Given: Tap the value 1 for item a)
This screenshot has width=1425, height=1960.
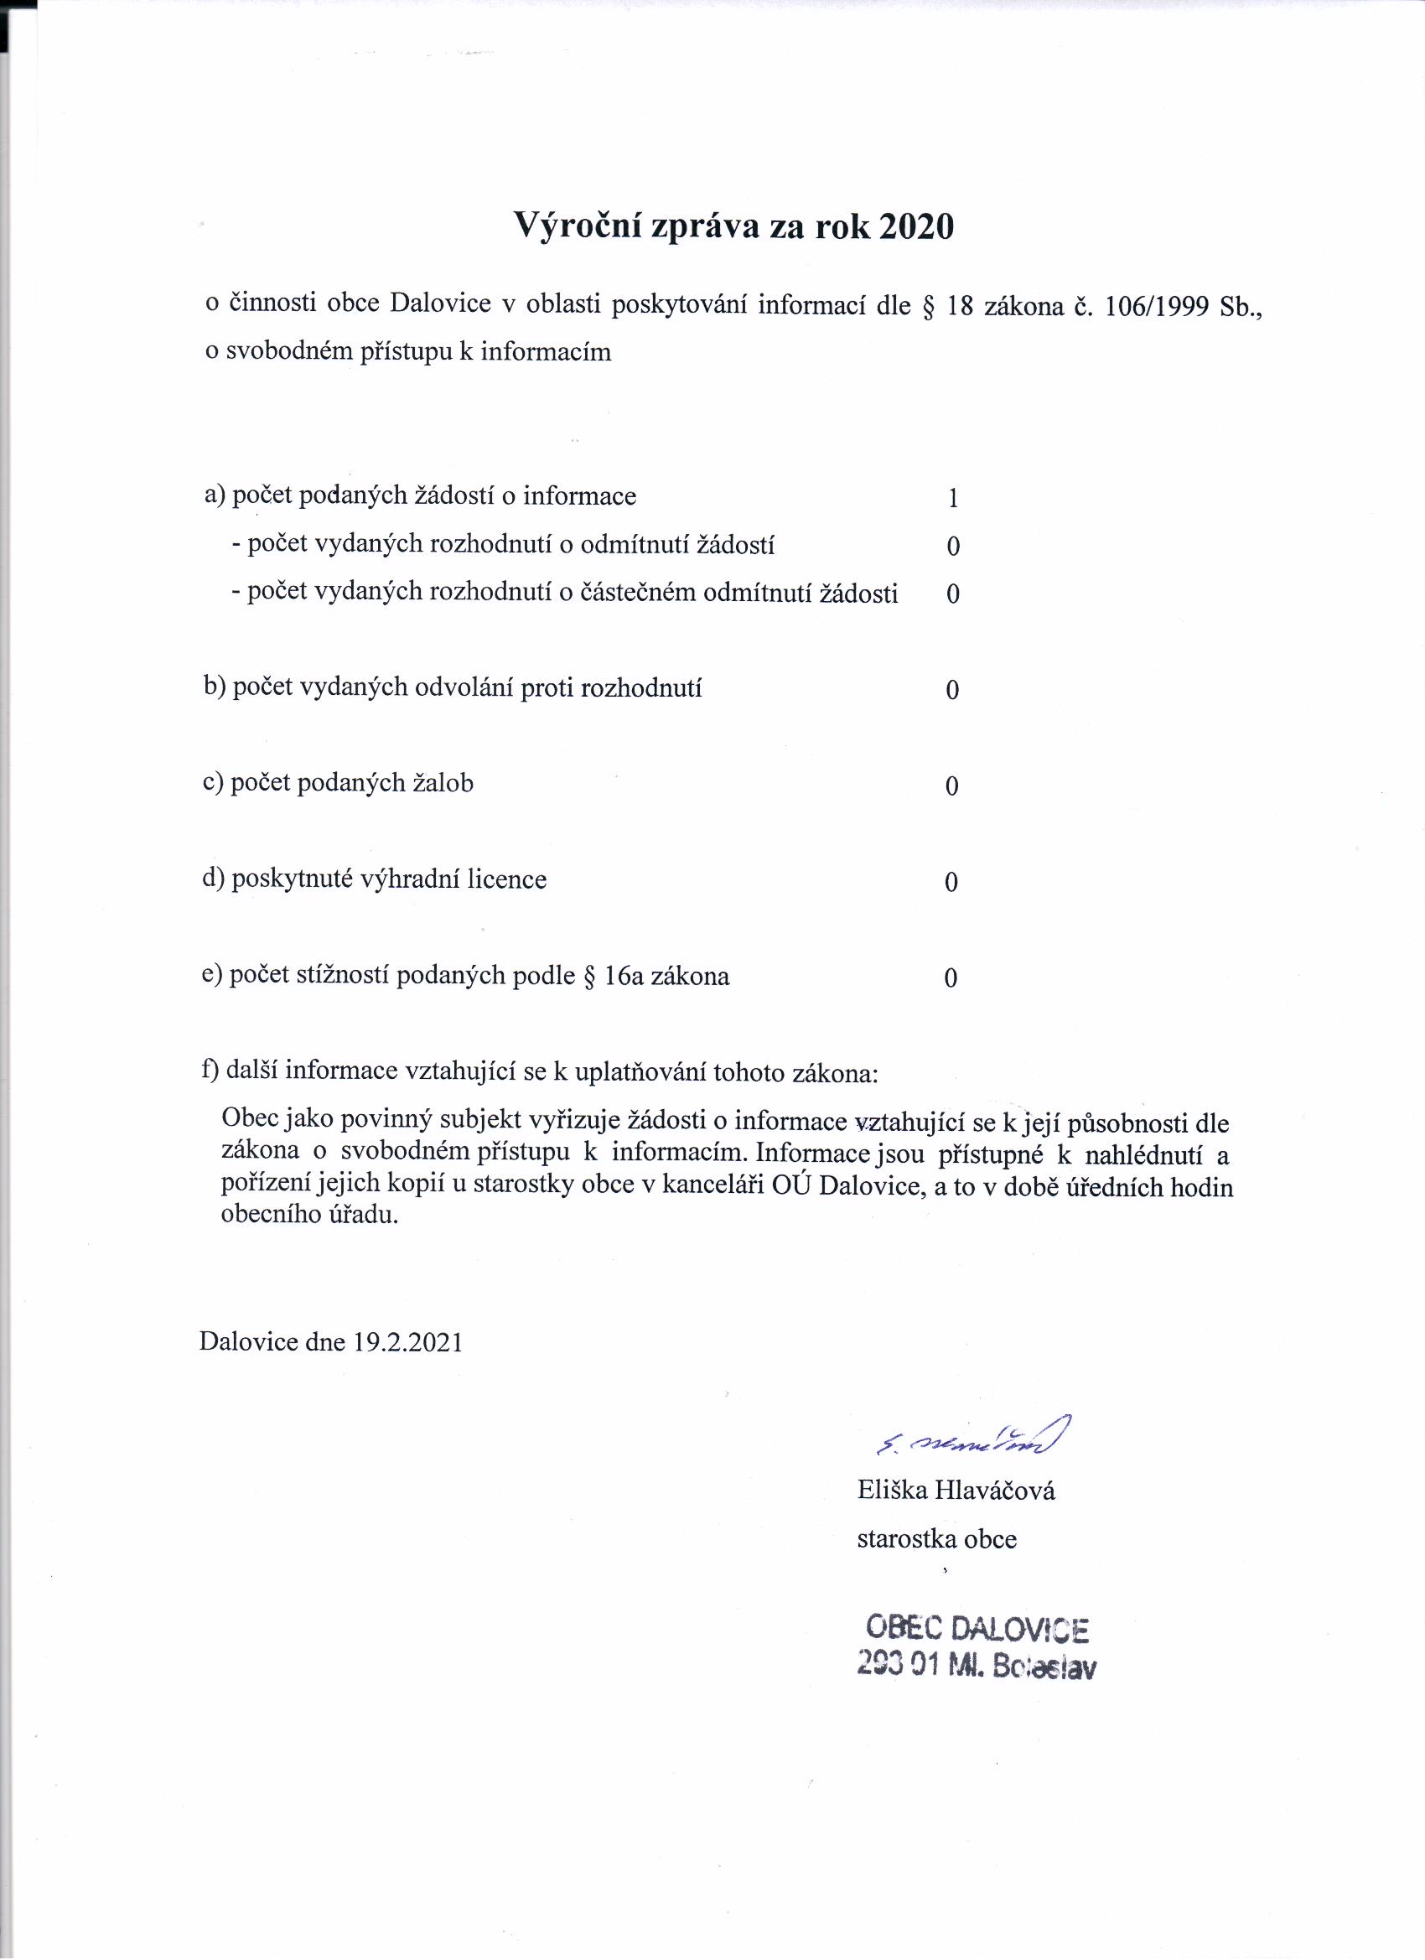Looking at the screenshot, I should [x=953, y=499].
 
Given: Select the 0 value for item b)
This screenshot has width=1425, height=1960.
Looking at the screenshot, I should [x=952, y=690].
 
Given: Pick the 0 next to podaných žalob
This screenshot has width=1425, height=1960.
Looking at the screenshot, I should [x=951, y=786].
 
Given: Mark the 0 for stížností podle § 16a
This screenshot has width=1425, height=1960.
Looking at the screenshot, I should [x=951, y=978].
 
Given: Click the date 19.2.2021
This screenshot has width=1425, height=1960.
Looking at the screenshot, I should [x=408, y=1341].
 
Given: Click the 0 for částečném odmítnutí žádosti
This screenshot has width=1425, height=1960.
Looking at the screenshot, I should [x=953, y=594].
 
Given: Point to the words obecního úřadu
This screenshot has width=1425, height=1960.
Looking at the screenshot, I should [x=309, y=1215].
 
